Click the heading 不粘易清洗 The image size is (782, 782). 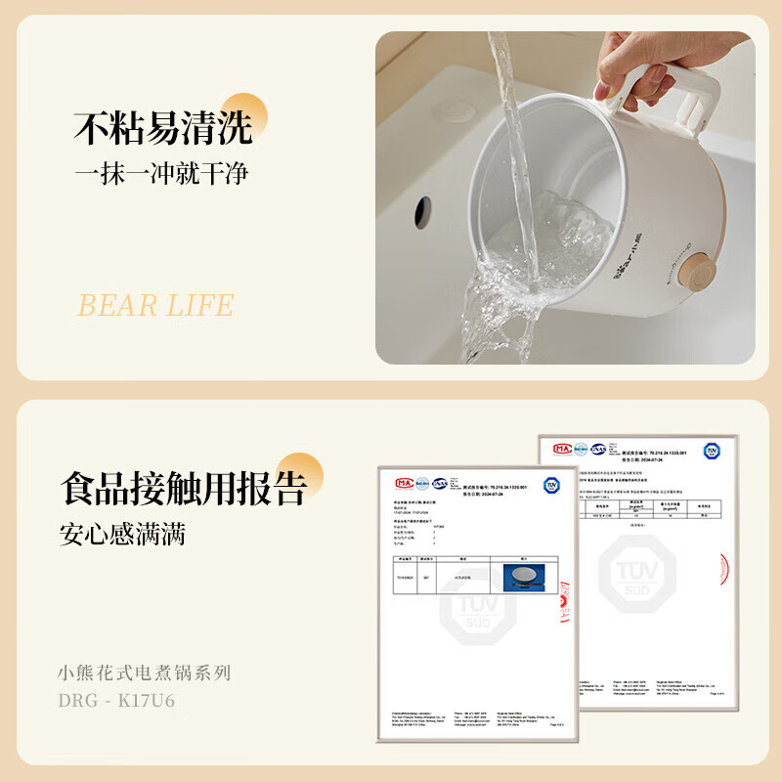[163, 127]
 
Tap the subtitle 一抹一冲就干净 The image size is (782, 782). [162, 174]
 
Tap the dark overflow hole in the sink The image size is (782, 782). [423, 208]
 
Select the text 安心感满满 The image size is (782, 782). [122, 535]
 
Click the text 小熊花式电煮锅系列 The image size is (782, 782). [145, 673]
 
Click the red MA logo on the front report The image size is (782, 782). [403, 483]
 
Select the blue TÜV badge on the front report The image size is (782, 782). [552, 486]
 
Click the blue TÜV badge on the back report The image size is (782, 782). [711, 451]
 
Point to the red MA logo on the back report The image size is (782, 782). [562, 449]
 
